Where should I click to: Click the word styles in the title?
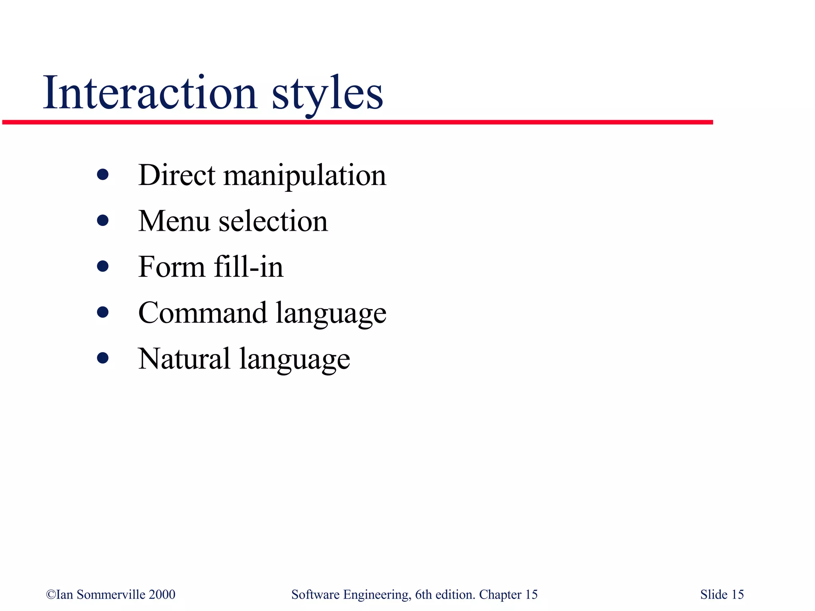pos(327,95)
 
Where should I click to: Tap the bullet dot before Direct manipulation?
pos(103,175)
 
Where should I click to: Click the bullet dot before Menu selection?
pos(103,220)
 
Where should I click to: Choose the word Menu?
pos(174,221)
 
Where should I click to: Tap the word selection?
pos(273,221)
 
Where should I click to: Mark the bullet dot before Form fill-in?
pos(103,266)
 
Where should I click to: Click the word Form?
pos(171,267)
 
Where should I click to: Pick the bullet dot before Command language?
pos(103,312)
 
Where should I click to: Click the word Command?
pos(203,313)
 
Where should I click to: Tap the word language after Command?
pos(331,314)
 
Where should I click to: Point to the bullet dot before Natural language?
pos(103,358)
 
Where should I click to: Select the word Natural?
pos(184,359)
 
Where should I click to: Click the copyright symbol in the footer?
pos(51,595)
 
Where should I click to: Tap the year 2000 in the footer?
pos(162,595)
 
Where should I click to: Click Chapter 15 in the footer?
pos(508,595)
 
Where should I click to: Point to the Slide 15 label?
pos(722,595)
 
